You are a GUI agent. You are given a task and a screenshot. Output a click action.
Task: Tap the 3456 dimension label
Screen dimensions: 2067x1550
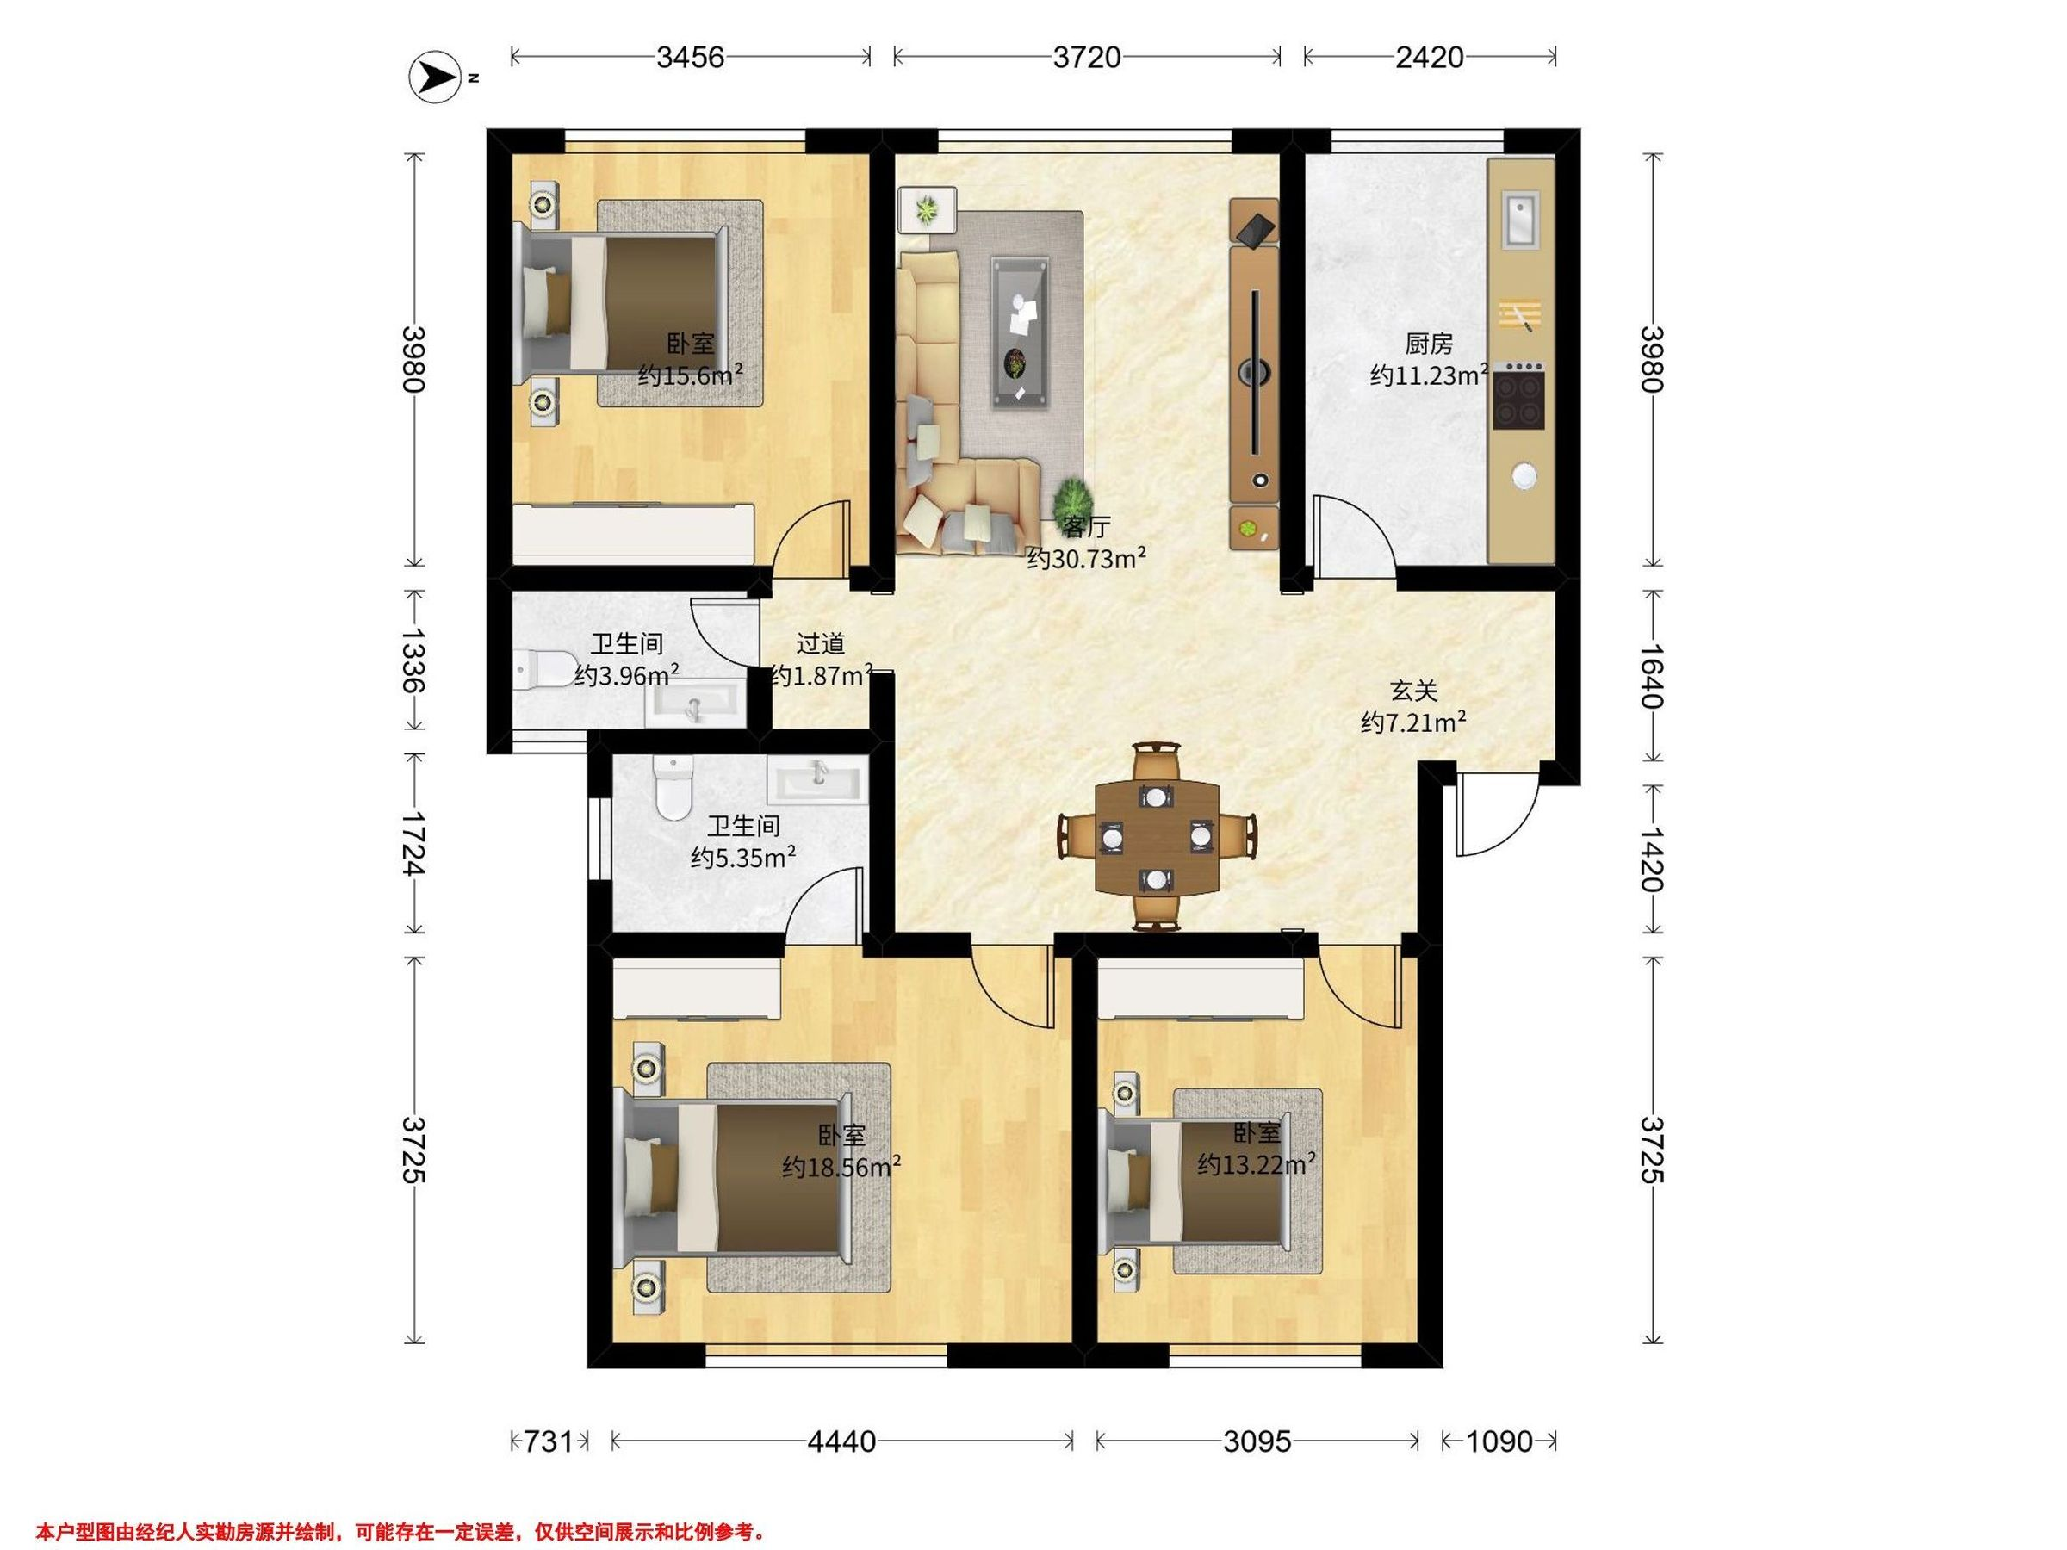click(x=691, y=58)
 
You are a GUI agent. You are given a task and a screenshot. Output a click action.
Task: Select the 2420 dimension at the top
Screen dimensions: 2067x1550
click(x=1430, y=58)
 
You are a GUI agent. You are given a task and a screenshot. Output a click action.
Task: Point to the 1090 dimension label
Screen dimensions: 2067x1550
click(x=1499, y=1441)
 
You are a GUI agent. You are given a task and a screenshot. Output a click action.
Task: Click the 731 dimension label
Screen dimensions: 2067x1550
click(x=549, y=1441)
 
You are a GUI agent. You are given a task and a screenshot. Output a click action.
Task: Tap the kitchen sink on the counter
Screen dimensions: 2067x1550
click(x=1520, y=219)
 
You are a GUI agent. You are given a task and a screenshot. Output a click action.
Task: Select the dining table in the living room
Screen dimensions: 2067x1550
click(x=1157, y=837)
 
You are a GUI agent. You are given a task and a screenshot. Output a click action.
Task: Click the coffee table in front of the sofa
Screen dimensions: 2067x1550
click(x=1020, y=332)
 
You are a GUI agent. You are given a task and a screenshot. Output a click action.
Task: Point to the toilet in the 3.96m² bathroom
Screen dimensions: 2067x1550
click(x=545, y=668)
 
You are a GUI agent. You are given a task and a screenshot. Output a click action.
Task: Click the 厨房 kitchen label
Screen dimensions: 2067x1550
click(x=1429, y=344)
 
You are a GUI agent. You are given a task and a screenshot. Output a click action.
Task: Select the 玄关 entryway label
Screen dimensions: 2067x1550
click(x=1413, y=691)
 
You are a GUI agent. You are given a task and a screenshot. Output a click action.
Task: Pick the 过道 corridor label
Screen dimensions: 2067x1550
click(x=821, y=644)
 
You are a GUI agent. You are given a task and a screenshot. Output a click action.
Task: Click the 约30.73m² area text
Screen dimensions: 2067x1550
click(x=1087, y=559)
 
